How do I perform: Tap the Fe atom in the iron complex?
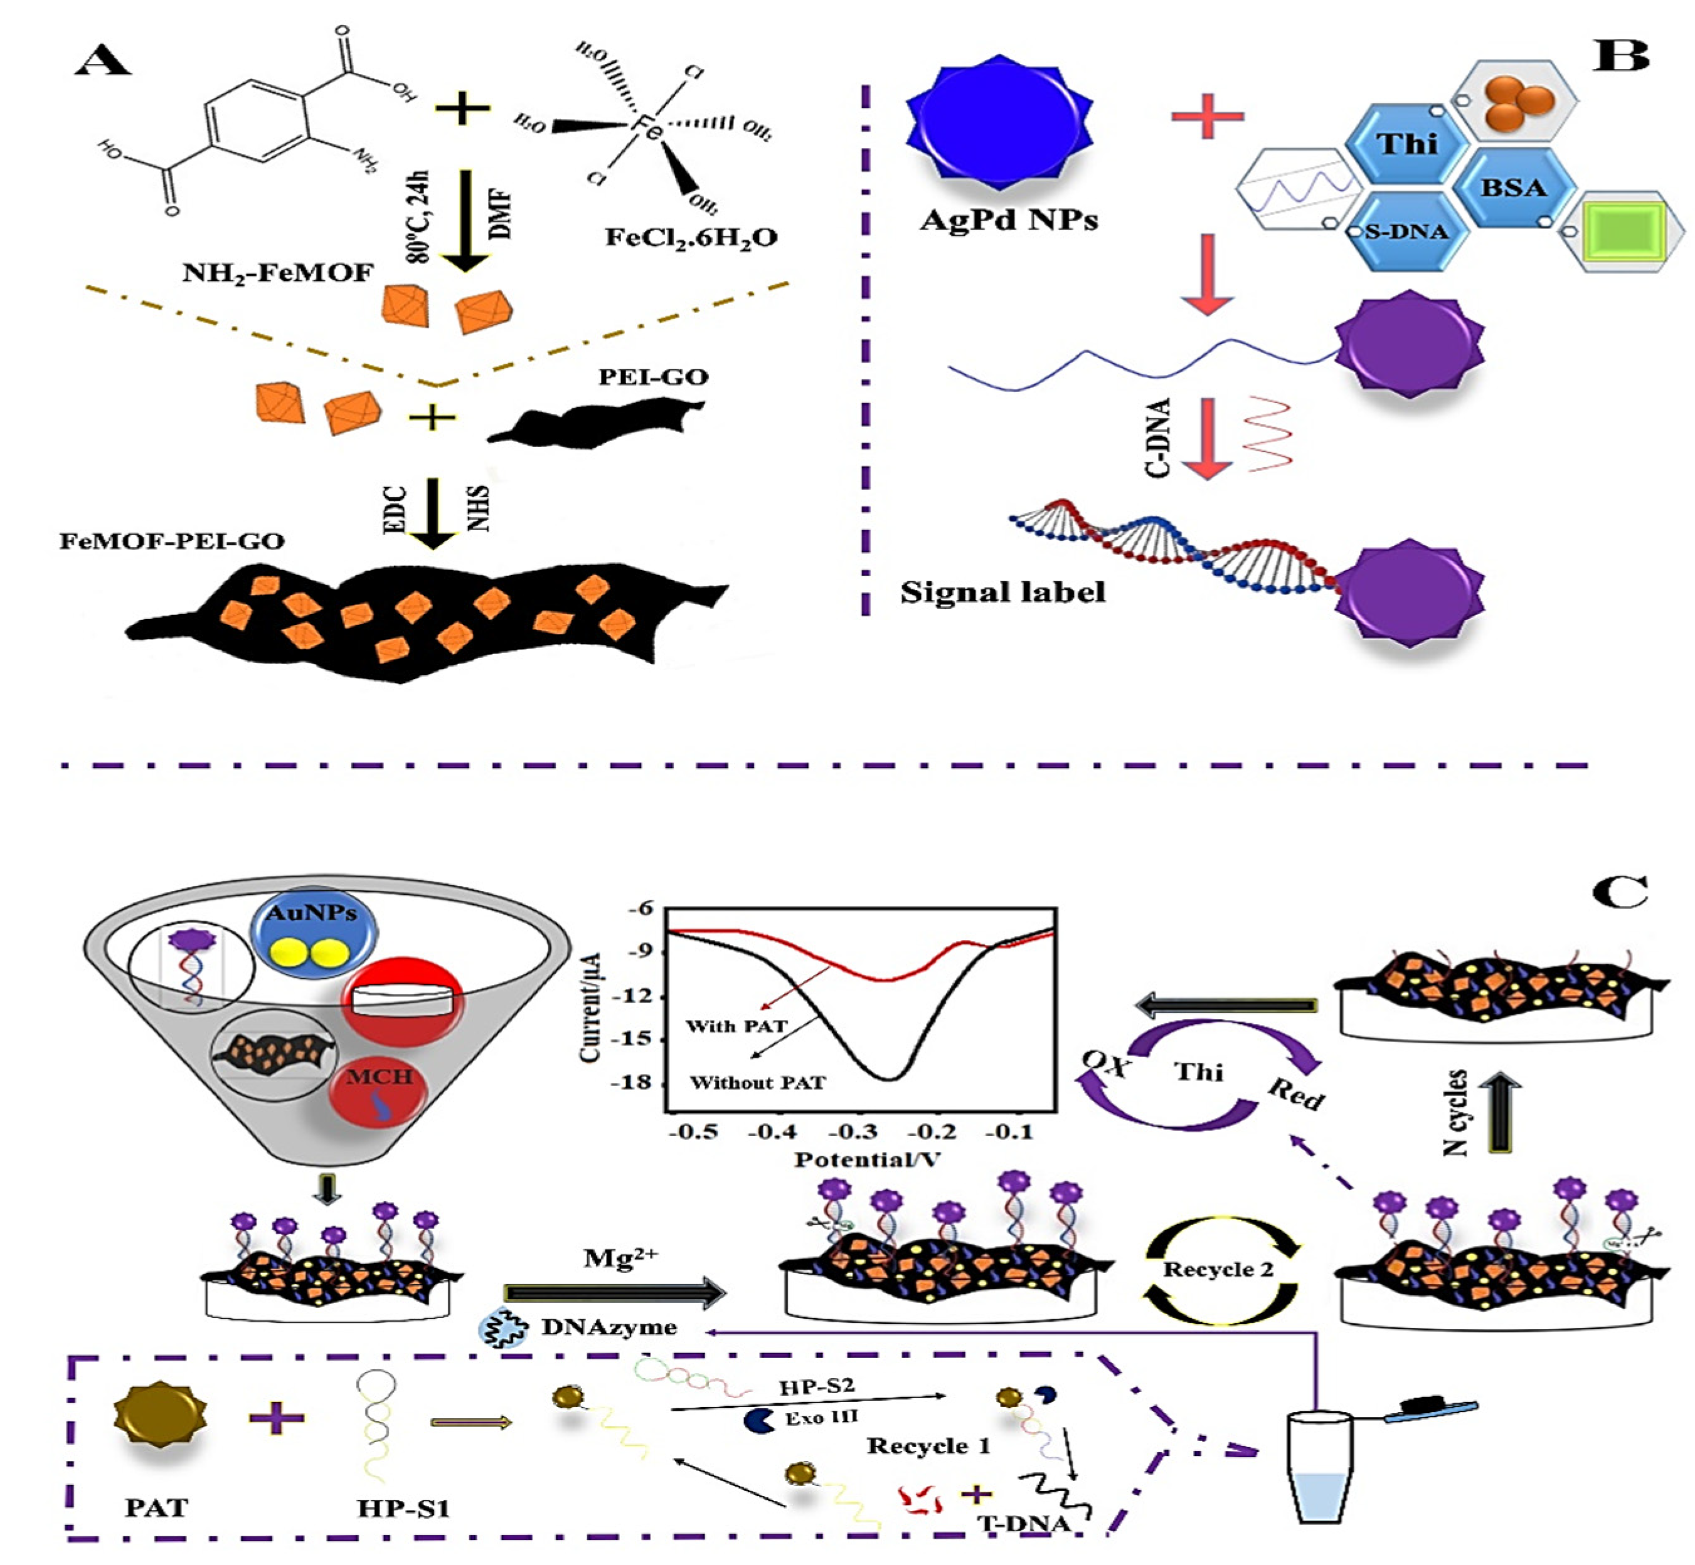coord(647,128)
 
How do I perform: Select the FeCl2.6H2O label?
coord(691,237)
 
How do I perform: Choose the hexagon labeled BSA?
coord(1512,187)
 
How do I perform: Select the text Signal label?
coord(1002,592)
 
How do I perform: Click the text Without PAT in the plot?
coord(757,1082)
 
